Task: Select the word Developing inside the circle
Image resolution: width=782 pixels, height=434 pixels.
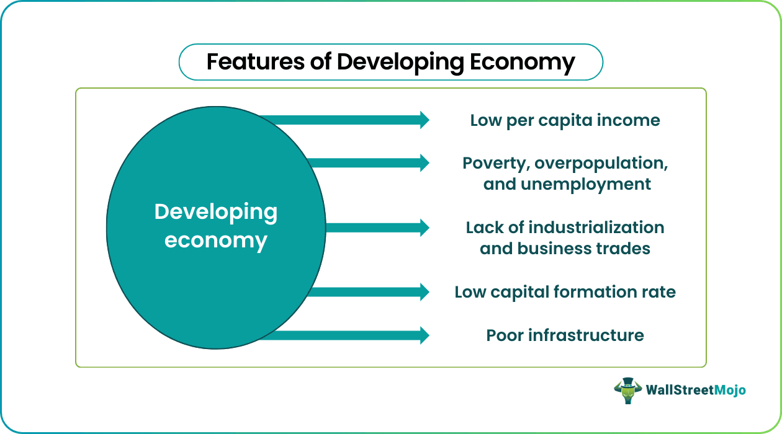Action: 216,212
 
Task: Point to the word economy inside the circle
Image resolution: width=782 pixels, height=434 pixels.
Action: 216,241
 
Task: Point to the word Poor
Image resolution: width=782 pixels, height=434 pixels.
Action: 501,335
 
